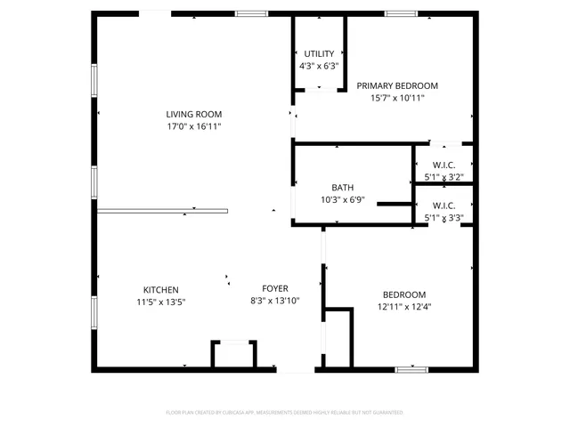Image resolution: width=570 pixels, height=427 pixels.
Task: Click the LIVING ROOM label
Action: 193,114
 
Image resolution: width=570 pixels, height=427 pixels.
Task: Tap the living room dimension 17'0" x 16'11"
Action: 193,127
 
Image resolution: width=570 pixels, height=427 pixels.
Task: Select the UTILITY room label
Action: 319,53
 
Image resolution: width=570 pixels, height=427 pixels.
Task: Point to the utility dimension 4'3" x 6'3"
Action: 319,66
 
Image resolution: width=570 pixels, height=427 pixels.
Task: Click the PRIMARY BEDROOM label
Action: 397,85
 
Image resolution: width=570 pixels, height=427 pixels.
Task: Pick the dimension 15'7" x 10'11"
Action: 397,98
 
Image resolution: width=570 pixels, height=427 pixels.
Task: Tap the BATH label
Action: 342,188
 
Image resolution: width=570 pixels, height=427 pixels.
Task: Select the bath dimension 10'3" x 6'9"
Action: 342,200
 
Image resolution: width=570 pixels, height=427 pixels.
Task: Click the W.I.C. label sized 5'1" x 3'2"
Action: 444,165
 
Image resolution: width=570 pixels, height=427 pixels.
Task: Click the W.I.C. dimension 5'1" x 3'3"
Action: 444,217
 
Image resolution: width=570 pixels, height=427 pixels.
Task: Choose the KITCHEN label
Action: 161,290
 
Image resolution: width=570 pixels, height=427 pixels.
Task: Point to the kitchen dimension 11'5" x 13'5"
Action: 161,302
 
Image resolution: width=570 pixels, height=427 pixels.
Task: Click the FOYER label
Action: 274,288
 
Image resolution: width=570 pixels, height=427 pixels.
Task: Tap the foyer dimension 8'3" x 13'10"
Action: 274,302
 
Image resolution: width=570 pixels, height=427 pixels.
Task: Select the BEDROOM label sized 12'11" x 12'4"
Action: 404,294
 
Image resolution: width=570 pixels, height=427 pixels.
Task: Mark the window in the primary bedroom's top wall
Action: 400,13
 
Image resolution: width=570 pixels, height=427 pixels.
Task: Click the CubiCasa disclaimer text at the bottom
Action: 285,413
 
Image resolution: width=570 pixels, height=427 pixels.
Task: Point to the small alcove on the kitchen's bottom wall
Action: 233,353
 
